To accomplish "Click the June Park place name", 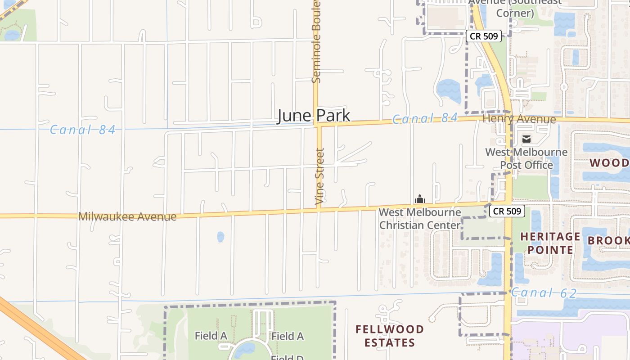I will pyautogui.click(x=313, y=116).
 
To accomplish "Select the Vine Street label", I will pyautogui.click(x=320, y=177).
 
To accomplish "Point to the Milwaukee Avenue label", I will pyautogui.click(x=127, y=216).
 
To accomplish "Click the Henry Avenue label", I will pyautogui.click(x=519, y=119).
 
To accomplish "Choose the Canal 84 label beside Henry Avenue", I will pyautogui.click(x=425, y=119).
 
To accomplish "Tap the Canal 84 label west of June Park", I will pyautogui.click(x=82, y=130).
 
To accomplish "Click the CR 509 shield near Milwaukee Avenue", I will pyautogui.click(x=507, y=211).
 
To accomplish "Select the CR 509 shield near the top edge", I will pyautogui.click(x=483, y=36).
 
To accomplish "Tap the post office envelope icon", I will pyautogui.click(x=526, y=139).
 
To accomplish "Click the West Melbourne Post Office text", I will pyautogui.click(x=526, y=158).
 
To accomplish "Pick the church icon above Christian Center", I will pyautogui.click(x=420, y=199).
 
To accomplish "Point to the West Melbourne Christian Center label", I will pyautogui.click(x=420, y=219).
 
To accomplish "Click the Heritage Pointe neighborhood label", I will pyautogui.click(x=550, y=243).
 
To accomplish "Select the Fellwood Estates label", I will pyautogui.click(x=390, y=336).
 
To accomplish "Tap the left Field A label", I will pyautogui.click(x=211, y=336).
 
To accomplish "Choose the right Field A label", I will pyautogui.click(x=288, y=336).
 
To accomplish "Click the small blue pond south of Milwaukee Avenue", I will pyautogui.click(x=220, y=237).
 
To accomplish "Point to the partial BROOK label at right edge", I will pyautogui.click(x=608, y=240).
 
